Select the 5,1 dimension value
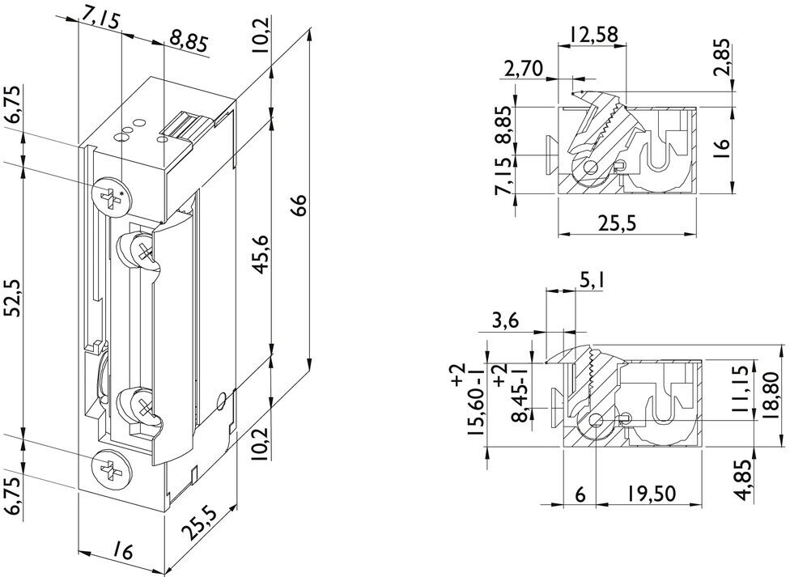(591, 282)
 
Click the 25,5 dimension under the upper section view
(627, 224)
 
